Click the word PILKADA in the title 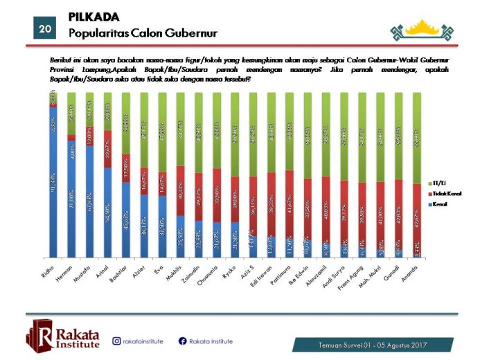tap(94, 17)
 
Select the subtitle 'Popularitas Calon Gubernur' tap(143, 33)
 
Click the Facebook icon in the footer tap(183, 341)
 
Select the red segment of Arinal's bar tap(107, 149)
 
